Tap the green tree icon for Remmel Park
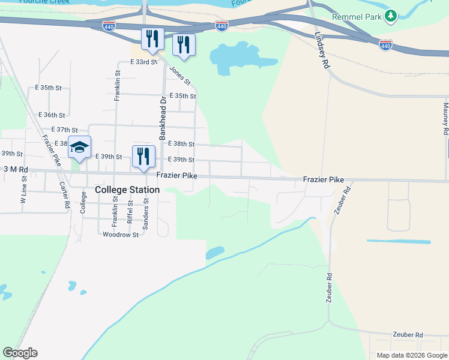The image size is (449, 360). point(391,15)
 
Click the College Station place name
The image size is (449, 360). point(127,190)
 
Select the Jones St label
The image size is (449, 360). point(179,75)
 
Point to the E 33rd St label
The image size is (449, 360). point(143,62)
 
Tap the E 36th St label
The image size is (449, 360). point(52,115)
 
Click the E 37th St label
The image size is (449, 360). point(65,130)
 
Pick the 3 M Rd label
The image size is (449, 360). point(16,170)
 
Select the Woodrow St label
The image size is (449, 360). point(121,235)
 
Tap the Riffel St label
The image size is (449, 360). point(130,212)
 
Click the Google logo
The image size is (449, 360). point(20,353)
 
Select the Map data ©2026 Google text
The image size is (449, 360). point(412,355)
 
